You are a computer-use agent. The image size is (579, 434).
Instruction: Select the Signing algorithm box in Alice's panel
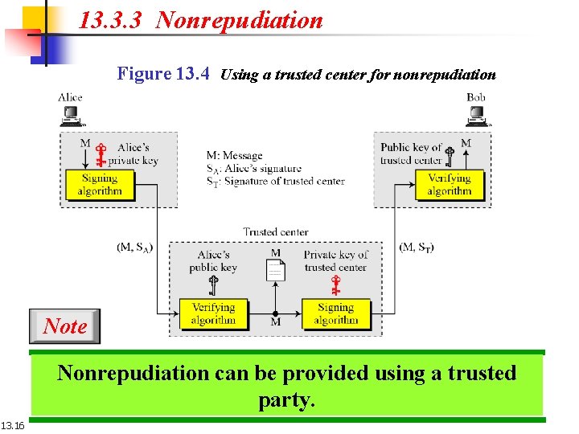[100, 185]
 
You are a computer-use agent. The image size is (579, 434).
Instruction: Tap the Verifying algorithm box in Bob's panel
[450, 185]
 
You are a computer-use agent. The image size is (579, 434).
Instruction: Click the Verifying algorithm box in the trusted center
[213, 313]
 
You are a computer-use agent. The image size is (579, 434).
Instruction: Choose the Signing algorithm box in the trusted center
[335, 313]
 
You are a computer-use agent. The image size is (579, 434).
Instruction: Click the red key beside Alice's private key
[101, 154]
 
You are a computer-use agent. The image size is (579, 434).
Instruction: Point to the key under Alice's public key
[214, 285]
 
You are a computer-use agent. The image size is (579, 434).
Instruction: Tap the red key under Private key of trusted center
[335, 285]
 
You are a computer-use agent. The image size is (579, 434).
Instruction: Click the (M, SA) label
[135, 247]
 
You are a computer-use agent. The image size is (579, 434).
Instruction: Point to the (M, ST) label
[417, 247]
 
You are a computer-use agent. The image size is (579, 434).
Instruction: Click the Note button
[65, 326]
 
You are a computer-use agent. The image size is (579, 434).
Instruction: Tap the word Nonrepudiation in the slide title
[239, 20]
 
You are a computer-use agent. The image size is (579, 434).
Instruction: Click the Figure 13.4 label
[163, 74]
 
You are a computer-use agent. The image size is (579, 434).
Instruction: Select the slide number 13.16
[13, 425]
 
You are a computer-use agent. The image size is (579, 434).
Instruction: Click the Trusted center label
[276, 231]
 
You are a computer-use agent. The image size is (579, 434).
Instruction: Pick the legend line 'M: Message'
[234, 156]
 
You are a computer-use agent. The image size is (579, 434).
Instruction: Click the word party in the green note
[285, 399]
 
